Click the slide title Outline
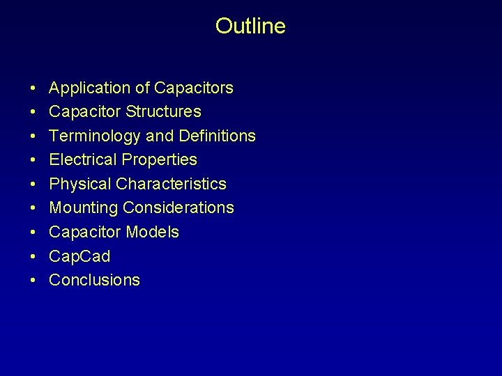250,26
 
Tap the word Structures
164,112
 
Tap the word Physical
80,184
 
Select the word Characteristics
172,184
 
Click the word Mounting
84,207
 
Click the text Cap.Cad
79,256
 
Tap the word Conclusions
95,280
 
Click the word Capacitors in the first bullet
194,88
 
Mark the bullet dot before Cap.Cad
33,257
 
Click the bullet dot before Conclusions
33,281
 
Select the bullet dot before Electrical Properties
33,160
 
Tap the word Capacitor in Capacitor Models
83,232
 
